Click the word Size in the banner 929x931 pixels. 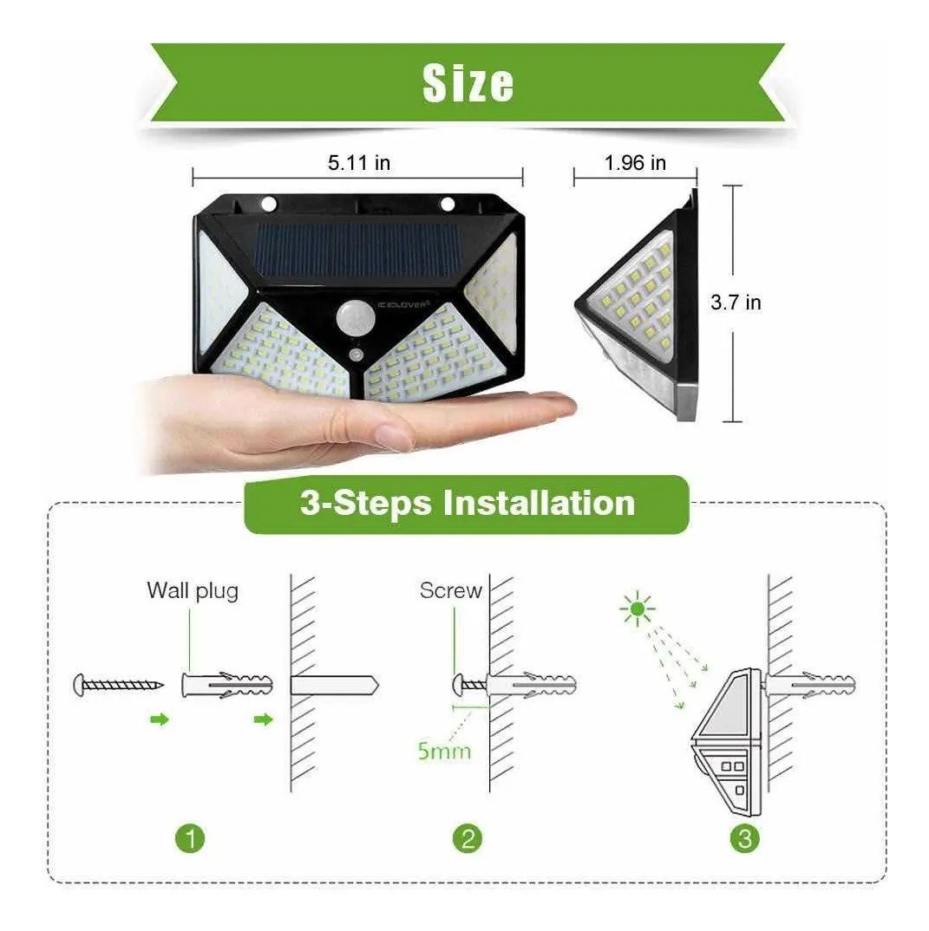(468, 83)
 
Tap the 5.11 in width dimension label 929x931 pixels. (359, 163)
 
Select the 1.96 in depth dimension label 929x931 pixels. (635, 163)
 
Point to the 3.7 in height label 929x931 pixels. (736, 303)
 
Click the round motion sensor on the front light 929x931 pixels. (353, 318)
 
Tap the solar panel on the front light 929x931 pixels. (359, 252)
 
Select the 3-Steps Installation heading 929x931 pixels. (468, 504)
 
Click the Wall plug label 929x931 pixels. (193, 591)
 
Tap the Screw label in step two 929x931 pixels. (450, 591)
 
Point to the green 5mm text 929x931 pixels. (444, 751)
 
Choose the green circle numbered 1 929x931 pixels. (190, 839)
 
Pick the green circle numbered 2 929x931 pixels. (468, 839)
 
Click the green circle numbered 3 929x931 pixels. (745, 839)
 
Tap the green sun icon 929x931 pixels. (638, 609)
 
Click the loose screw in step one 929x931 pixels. (118, 685)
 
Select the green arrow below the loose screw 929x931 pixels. (160, 719)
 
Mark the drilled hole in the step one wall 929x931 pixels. (335, 686)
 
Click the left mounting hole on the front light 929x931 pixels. (269, 205)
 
